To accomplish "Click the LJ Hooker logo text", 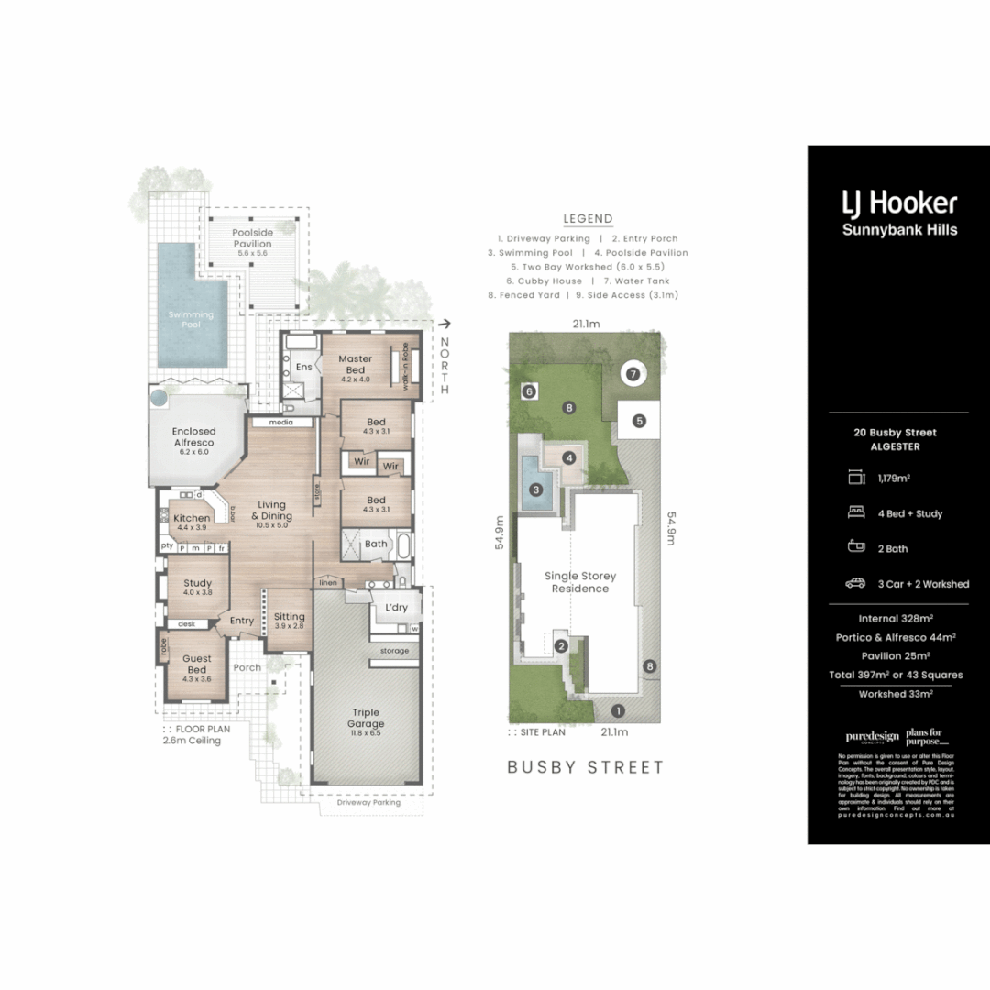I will click(899, 203).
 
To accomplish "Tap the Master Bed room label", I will click(354, 365).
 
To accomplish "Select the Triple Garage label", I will click(366, 718).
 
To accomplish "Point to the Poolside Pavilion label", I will click(251, 238).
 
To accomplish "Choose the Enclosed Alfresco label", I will click(193, 436).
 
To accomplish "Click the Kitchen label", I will click(192, 519).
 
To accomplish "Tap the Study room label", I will click(197, 583).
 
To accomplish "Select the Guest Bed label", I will click(196, 664).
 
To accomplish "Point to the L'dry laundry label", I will click(396, 608).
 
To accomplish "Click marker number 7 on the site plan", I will click(632, 373).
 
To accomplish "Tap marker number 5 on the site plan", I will click(639, 421).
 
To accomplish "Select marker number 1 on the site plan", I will click(618, 709).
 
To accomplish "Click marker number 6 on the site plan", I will click(529, 391).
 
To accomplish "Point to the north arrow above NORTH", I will click(445, 323).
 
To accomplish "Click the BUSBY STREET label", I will click(586, 767).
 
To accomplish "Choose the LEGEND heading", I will click(588, 218).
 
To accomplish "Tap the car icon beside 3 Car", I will click(856, 583).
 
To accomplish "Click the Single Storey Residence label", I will click(580, 582).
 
